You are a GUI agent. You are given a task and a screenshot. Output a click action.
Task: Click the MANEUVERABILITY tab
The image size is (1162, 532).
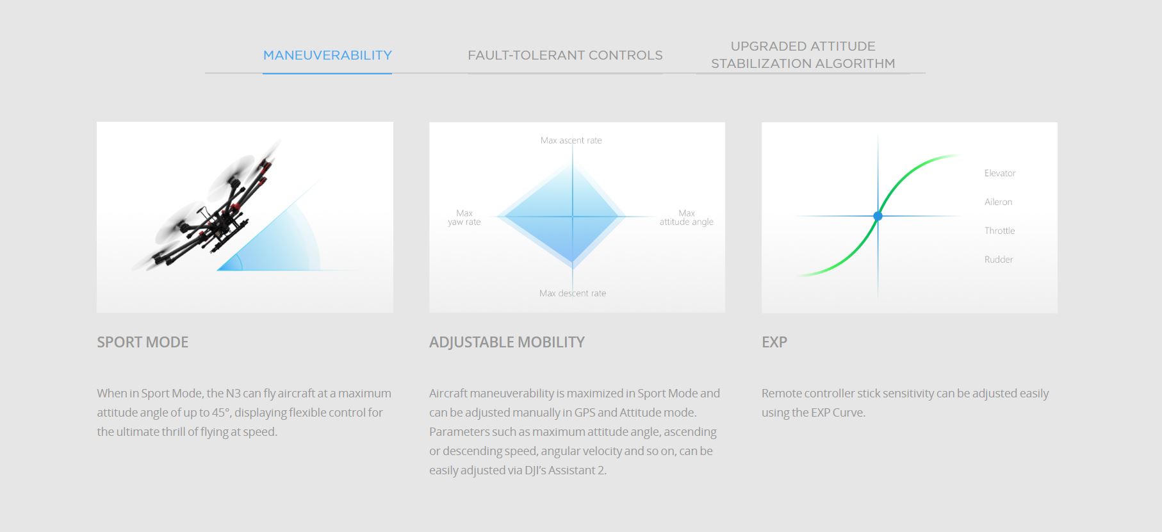click(x=327, y=55)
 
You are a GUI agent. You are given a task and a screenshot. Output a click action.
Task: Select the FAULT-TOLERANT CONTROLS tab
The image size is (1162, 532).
click(x=565, y=55)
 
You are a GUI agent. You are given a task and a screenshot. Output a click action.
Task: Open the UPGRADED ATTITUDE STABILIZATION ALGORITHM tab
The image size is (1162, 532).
click(x=803, y=54)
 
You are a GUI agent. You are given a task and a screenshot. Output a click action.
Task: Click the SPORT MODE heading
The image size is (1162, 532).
click(x=143, y=342)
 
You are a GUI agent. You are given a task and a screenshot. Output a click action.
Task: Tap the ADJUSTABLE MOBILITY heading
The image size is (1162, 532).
click(x=507, y=342)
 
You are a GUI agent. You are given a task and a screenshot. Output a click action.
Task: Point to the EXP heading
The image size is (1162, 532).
click(x=774, y=342)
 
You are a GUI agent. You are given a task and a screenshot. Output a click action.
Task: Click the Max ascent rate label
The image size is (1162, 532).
click(x=571, y=140)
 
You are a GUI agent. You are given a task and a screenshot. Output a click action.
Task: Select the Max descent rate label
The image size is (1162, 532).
click(x=573, y=293)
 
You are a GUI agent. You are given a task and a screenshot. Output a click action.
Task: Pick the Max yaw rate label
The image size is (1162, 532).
click(x=464, y=217)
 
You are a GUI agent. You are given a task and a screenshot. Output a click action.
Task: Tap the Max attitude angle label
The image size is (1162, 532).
click(x=687, y=217)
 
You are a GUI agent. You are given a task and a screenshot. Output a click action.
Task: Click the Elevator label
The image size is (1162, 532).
click(x=1000, y=173)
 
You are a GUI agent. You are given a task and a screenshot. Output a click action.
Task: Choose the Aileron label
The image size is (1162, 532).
click(x=999, y=202)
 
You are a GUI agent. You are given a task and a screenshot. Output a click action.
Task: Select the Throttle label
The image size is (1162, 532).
click(x=1000, y=231)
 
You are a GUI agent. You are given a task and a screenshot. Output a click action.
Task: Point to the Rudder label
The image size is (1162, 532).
click(x=999, y=260)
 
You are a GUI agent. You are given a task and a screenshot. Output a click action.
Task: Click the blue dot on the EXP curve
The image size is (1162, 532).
click(x=878, y=216)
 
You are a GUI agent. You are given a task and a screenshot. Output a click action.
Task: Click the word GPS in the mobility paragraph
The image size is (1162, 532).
click(x=585, y=412)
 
